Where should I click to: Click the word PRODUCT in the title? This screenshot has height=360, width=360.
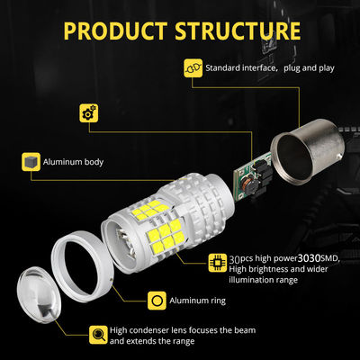[115, 31]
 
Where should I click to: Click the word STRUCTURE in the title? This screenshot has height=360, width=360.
[238, 31]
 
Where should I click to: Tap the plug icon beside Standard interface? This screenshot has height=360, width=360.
[193, 68]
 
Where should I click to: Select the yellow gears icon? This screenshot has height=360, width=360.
[89, 112]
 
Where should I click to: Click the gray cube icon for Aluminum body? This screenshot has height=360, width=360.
[31, 162]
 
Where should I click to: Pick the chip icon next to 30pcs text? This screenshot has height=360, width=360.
[218, 263]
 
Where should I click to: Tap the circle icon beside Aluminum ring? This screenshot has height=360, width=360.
[157, 301]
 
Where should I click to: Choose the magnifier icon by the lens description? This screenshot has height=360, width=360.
[98, 335]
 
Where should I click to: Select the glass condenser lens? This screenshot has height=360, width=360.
[39, 294]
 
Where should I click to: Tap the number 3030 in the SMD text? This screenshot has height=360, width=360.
[310, 258]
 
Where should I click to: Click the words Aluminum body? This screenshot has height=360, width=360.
[73, 162]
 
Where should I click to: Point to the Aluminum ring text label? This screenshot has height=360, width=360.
[197, 301]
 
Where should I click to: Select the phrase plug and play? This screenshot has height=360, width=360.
[309, 68]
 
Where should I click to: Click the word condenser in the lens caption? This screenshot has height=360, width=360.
[147, 330]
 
